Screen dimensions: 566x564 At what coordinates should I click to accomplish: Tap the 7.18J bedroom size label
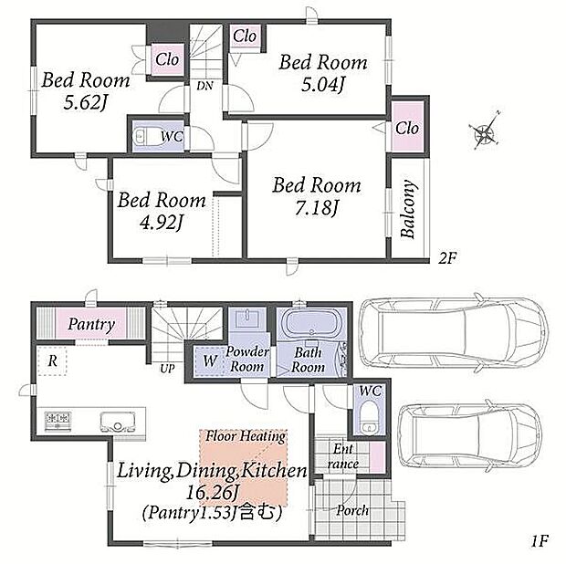point(317,208)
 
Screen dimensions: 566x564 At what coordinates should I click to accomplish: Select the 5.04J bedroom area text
point(323,85)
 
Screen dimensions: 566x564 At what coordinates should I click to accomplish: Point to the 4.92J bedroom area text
point(162,223)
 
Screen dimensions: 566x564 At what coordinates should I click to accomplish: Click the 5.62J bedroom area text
point(85,103)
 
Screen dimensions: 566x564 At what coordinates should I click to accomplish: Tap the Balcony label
point(408,209)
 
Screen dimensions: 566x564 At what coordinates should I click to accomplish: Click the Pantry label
point(91,324)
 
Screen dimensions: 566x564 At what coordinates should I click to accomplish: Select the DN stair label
point(204,86)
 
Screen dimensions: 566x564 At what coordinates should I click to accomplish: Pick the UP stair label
point(167,369)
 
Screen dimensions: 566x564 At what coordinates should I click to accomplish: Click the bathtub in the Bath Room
point(311,323)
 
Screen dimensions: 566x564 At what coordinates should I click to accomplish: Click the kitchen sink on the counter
point(118,423)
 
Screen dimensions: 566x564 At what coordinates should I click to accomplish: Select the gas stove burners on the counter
point(58,421)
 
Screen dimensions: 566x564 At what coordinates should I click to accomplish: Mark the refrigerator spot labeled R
point(52,360)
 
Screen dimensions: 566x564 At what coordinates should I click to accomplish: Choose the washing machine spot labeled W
point(210,361)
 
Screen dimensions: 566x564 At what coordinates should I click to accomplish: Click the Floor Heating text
point(246,436)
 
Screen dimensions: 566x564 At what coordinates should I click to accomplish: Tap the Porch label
point(352,510)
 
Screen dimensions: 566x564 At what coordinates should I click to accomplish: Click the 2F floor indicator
point(447,258)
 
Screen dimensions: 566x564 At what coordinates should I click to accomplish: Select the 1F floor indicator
point(540,541)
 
